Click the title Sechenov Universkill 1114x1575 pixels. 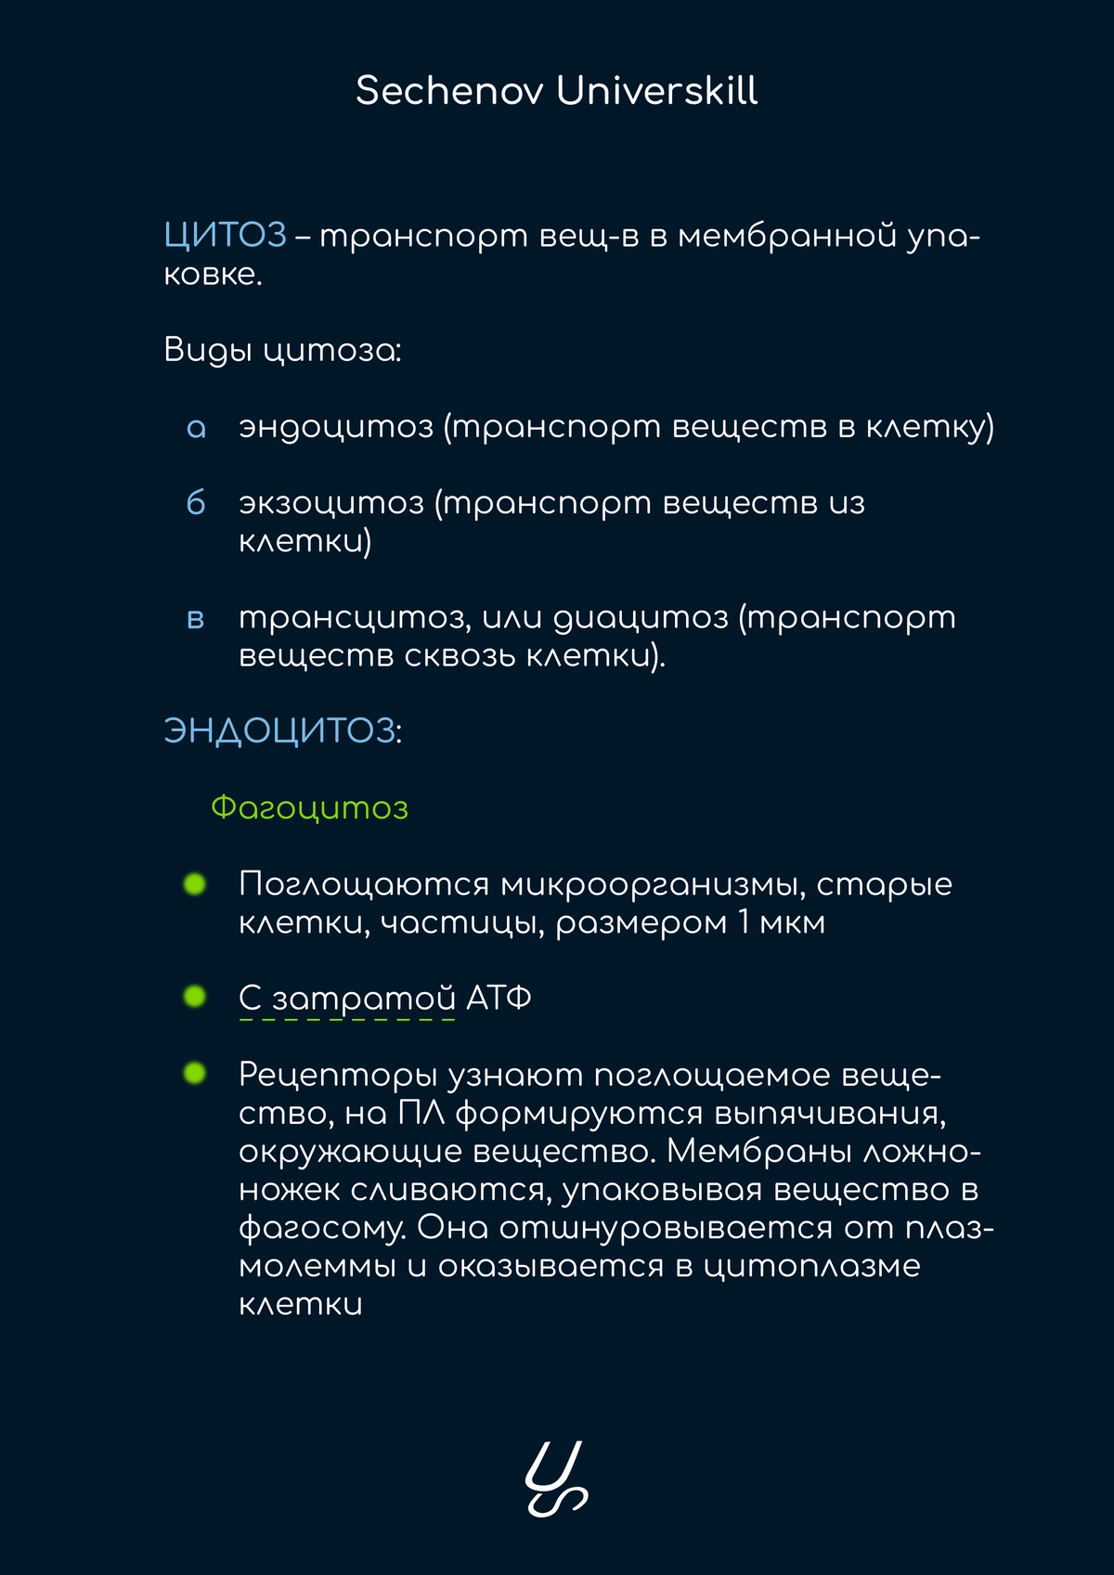point(556,91)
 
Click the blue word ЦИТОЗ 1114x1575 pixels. point(225,236)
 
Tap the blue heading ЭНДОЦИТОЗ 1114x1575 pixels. point(279,731)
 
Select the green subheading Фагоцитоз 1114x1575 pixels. point(309,807)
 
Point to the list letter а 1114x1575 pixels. point(196,428)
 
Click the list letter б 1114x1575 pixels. point(196,503)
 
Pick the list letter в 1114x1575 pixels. point(196,618)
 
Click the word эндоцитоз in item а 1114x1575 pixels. point(336,427)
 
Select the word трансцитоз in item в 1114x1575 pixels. point(354,618)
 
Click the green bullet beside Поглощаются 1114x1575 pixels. point(195,884)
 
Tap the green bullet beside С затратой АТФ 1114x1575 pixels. point(195,997)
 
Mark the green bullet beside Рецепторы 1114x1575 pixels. point(195,1074)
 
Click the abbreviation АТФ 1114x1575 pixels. point(499,999)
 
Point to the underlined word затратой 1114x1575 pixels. point(363,1000)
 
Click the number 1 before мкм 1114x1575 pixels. point(745,923)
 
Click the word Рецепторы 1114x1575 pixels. point(337,1075)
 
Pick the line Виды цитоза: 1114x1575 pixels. point(282,351)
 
